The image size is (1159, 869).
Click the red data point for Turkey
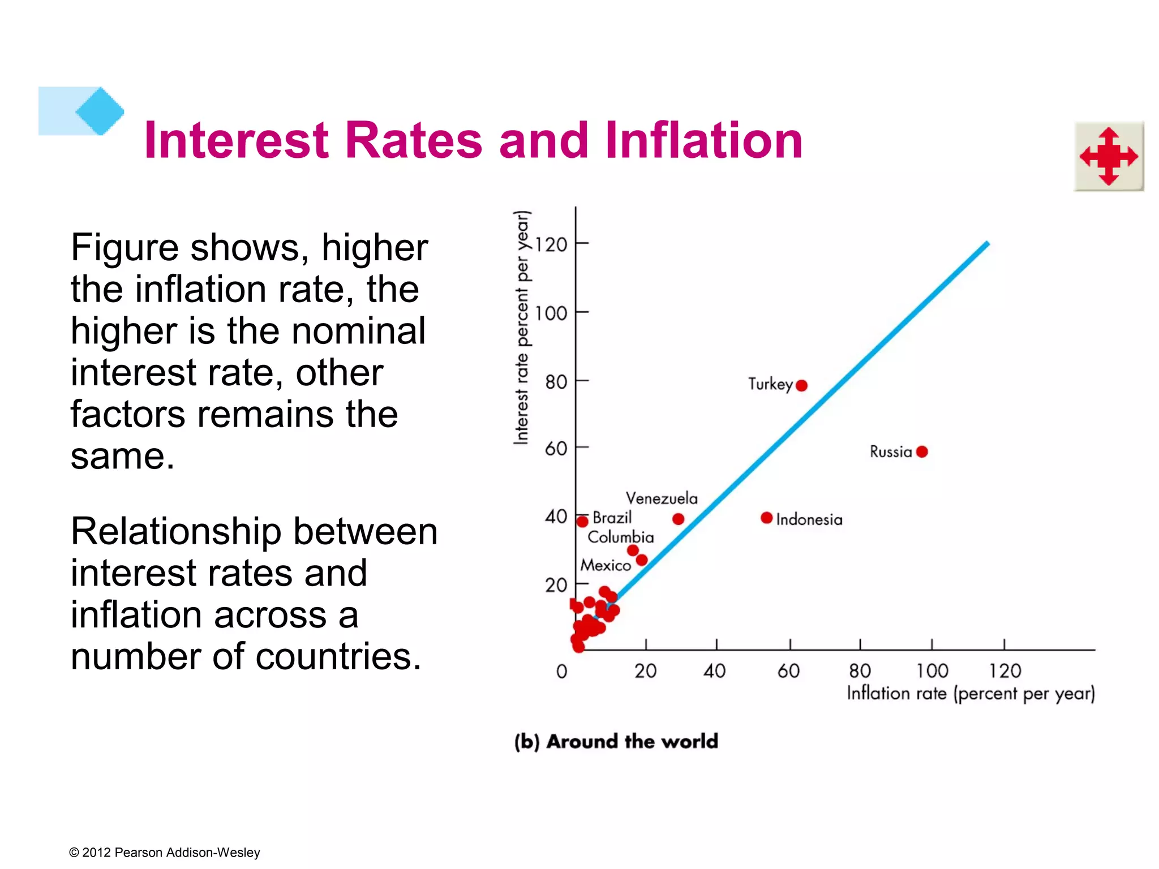click(801, 386)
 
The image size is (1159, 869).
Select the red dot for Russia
click(922, 451)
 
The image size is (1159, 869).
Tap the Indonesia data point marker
click(767, 518)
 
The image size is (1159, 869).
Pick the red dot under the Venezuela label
click(679, 519)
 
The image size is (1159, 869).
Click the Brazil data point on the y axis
click(582, 521)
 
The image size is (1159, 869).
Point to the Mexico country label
click(606, 565)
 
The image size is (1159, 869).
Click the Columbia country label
click(620, 537)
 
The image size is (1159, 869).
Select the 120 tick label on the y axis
click(551, 245)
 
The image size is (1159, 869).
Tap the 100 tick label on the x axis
click(932, 671)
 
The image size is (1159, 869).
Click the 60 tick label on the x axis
click(788, 671)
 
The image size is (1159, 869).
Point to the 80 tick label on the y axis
click(556, 382)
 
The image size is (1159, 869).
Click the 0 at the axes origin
click(561, 672)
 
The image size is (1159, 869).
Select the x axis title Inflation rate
click(970, 694)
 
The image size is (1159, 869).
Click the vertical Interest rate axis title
click(522, 327)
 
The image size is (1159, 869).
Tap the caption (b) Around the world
click(616, 741)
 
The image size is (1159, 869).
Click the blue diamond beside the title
click(100, 111)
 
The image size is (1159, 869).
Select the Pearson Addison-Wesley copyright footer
click(164, 853)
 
